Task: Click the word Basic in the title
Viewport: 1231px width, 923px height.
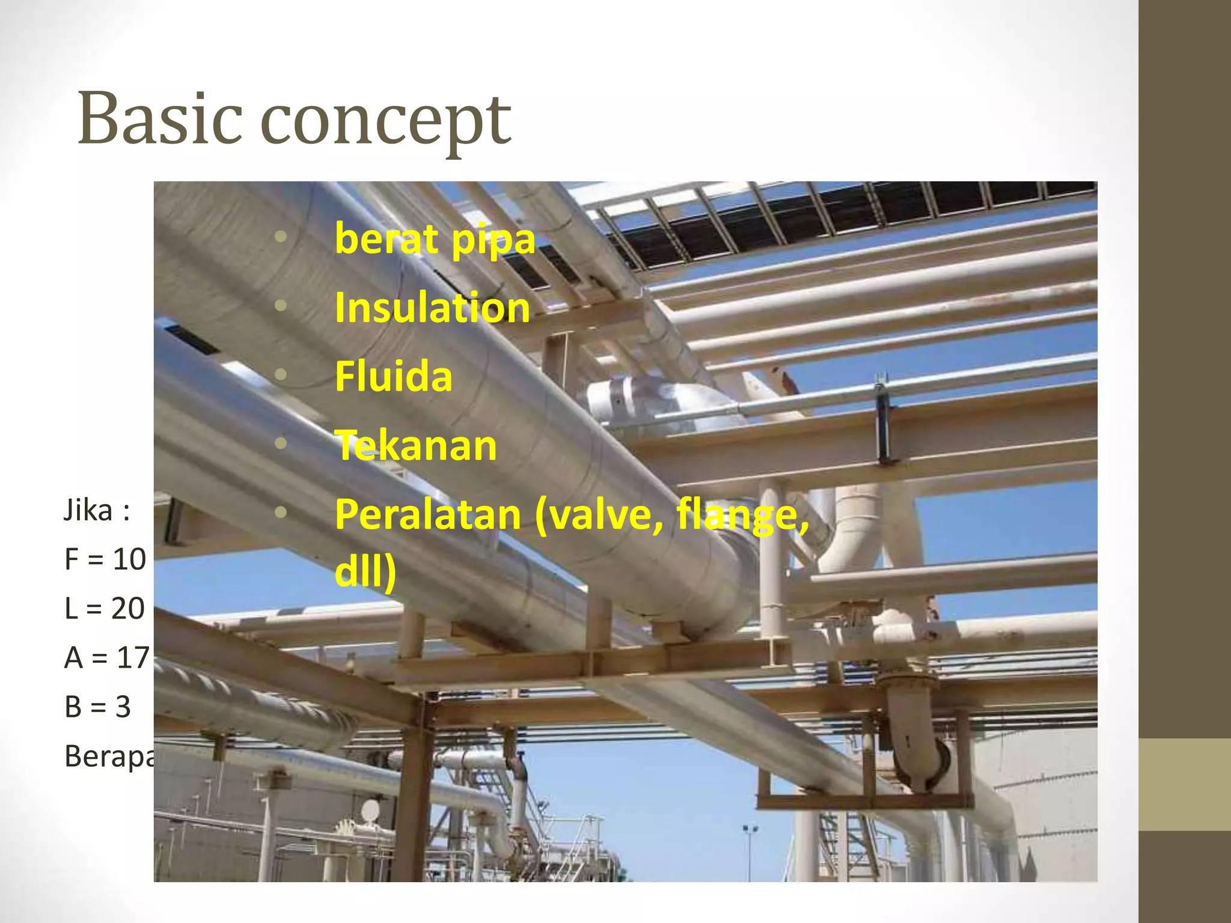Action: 160,119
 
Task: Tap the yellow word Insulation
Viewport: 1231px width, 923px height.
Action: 432,308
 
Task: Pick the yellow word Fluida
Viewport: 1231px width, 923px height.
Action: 393,377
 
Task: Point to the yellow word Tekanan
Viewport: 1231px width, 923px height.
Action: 416,446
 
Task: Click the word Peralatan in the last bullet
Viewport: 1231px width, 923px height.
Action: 428,515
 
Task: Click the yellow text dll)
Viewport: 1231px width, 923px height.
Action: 365,571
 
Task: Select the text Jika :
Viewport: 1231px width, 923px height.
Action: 97,511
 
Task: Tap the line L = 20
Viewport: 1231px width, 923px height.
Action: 105,609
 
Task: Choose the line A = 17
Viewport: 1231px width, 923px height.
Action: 106,657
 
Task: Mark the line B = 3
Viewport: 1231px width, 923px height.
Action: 97,707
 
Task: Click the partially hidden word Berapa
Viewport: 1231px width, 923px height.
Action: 109,756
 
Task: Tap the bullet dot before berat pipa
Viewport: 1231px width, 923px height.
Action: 281,237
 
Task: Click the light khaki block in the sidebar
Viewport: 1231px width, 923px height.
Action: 1184,784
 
